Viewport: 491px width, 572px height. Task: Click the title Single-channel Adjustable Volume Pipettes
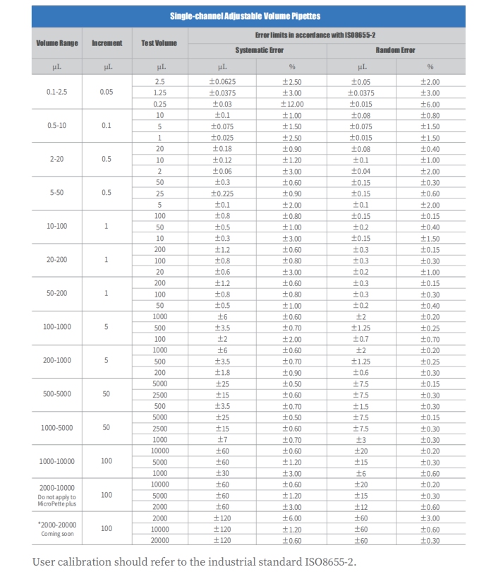[245, 16]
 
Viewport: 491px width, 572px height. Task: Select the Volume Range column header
[57, 43]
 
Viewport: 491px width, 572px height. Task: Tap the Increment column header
[107, 43]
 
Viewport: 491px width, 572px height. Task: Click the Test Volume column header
[159, 43]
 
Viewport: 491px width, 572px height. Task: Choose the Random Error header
[395, 51]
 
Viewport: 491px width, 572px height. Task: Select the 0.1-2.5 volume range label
[57, 93]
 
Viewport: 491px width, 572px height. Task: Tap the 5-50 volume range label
[57, 193]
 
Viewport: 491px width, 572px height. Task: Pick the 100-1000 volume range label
[57, 327]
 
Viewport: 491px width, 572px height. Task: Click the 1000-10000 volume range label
[57, 461]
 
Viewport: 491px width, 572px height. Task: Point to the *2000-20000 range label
[57, 525]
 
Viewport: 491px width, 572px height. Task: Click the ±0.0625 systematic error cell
[223, 82]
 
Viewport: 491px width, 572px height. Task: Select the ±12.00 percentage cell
[291, 104]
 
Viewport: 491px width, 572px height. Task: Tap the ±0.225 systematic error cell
[223, 193]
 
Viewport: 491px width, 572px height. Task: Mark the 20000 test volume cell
[159, 540]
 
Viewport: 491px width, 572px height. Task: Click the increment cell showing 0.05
[107, 93]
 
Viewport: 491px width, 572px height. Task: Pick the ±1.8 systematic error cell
[223, 372]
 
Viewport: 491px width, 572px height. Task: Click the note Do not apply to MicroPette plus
[57, 501]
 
